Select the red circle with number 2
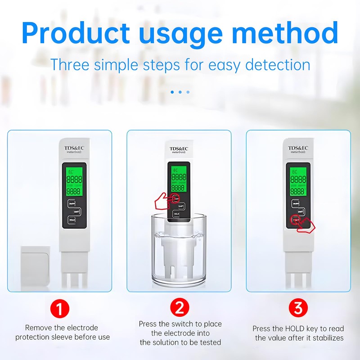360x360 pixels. (180, 308)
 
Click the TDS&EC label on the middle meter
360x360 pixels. (179, 149)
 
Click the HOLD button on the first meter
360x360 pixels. (72, 220)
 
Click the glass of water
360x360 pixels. (179, 252)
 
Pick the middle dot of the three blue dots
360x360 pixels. (180, 92)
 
